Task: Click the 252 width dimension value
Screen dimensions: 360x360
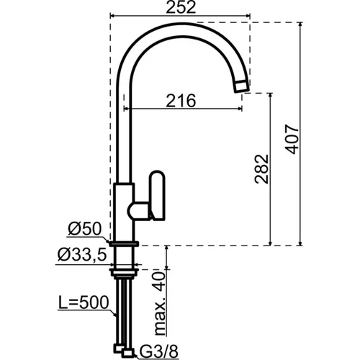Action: (x=181, y=7)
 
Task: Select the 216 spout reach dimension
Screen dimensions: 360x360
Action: (x=181, y=101)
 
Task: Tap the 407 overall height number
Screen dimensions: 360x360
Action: (x=292, y=139)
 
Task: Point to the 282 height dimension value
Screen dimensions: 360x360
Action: (x=261, y=169)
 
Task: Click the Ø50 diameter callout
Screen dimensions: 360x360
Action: (x=84, y=229)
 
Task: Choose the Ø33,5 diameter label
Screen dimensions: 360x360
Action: (x=82, y=255)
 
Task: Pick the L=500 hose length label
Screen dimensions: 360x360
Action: (x=84, y=302)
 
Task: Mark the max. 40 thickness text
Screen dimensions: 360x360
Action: (x=160, y=304)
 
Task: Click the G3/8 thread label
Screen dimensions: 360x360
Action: (x=159, y=352)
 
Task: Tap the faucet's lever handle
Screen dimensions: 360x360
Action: (x=157, y=195)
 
